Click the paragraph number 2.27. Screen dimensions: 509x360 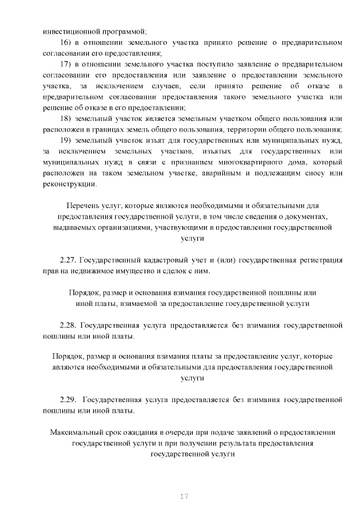tap(68, 260)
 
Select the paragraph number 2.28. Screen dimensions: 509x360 tap(68, 325)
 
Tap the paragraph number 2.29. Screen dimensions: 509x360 tap(68, 400)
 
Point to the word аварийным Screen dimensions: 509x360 tap(219, 173)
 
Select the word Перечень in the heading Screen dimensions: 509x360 tap(82, 206)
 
